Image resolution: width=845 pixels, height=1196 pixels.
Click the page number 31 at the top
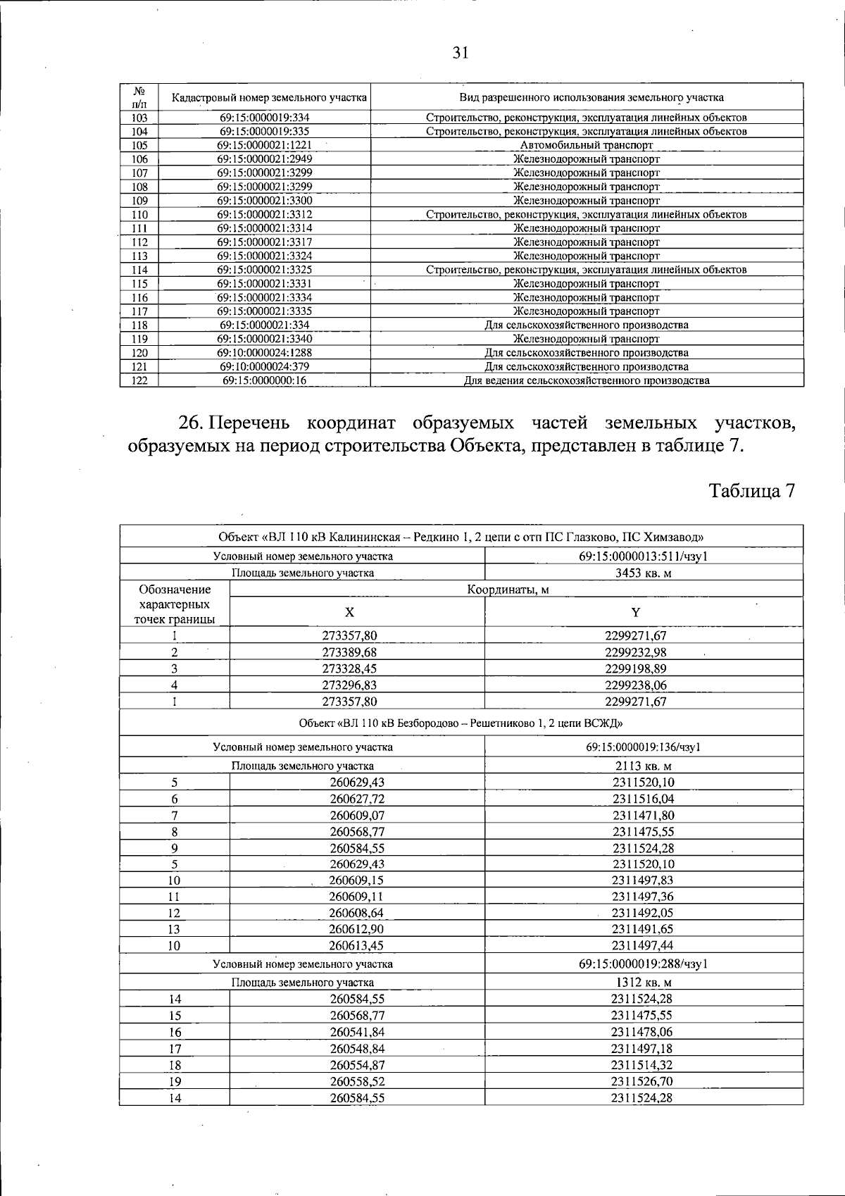(461, 54)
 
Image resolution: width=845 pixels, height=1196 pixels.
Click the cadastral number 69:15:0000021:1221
(264, 145)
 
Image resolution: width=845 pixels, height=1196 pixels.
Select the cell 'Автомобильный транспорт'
(586, 145)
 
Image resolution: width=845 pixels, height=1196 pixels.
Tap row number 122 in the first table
(139, 380)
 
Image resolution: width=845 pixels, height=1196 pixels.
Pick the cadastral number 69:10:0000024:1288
(264, 352)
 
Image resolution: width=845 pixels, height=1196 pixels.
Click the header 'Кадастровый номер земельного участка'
(264, 98)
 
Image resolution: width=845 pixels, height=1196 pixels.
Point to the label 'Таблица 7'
(751, 491)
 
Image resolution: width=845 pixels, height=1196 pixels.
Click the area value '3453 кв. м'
(643, 573)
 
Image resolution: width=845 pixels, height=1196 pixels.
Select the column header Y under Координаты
(636, 612)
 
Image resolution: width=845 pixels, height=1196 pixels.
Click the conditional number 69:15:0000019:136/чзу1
(643, 747)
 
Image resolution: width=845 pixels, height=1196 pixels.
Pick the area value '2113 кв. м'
(643, 766)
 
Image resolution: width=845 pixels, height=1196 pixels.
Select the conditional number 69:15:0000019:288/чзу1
(643, 964)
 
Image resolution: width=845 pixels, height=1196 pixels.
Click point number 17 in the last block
(175, 1048)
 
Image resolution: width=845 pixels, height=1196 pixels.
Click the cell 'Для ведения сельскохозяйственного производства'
(586, 380)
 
